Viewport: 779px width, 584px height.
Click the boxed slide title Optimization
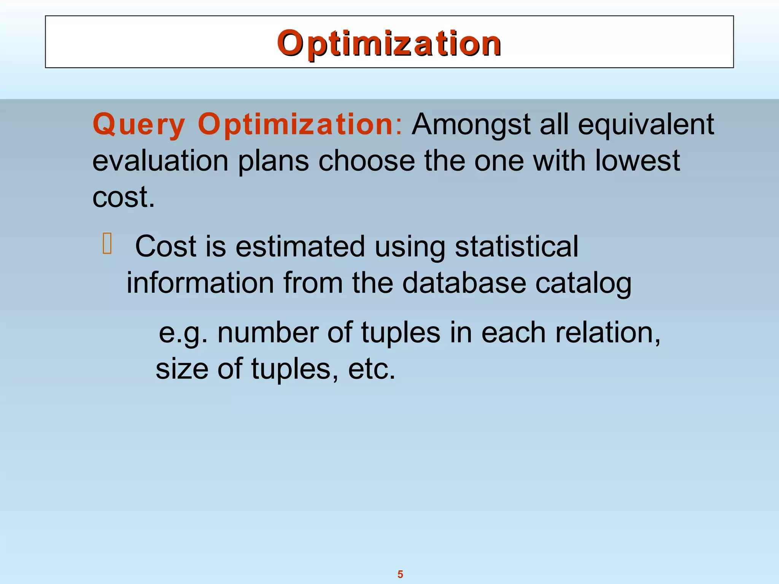click(x=389, y=43)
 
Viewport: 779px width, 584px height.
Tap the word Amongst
click(x=471, y=124)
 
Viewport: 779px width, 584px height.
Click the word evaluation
click(x=160, y=161)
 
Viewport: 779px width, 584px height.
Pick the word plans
click(x=273, y=161)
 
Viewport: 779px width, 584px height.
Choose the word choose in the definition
click(x=366, y=161)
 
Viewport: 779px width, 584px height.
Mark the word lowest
click(x=637, y=161)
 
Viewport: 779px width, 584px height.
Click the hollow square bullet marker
click(x=107, y=244)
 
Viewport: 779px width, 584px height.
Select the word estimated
click(x=300, y=247)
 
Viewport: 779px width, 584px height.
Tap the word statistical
click(x=516, y=246)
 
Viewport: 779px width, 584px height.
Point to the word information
click(x=200, y=283)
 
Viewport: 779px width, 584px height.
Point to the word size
click(x=182, y=369)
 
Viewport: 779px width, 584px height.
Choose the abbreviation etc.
click(x=372, y=369)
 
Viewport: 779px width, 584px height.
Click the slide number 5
click(x=400, y=574)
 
